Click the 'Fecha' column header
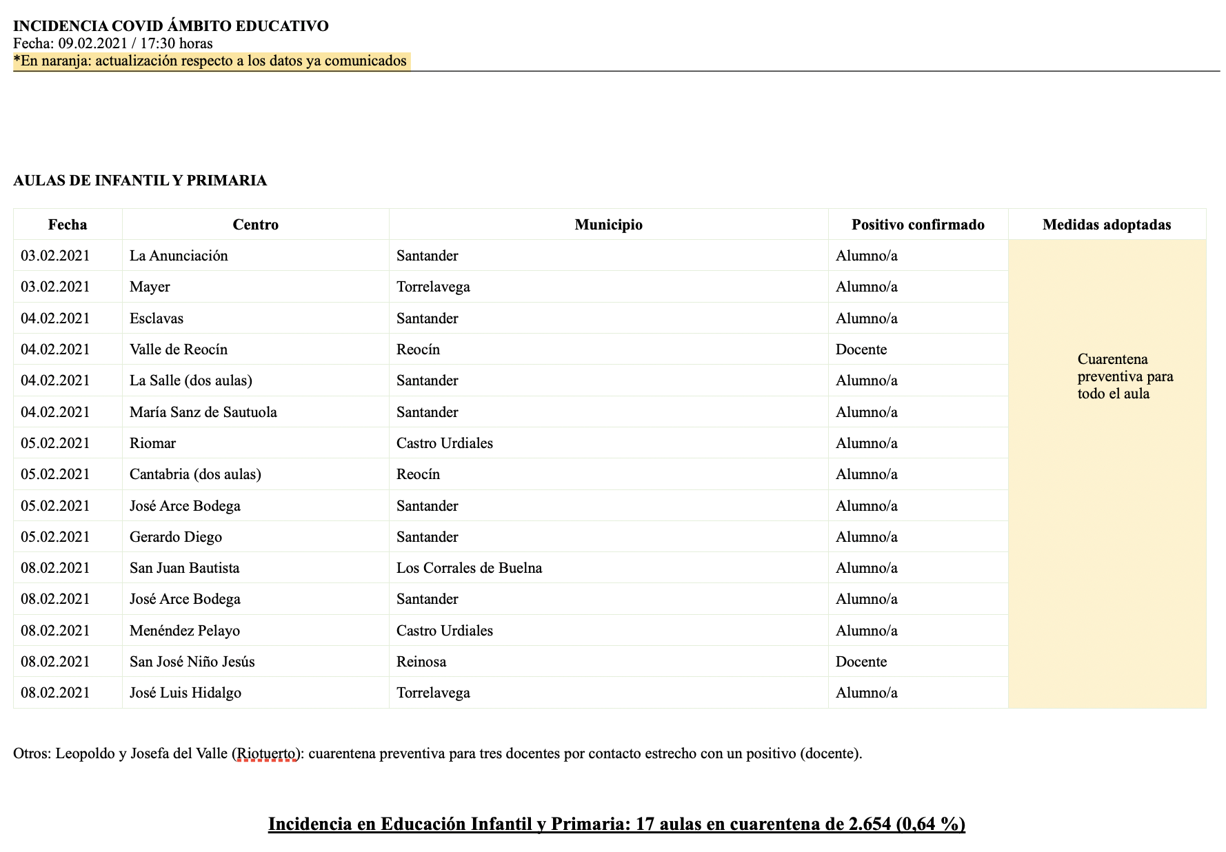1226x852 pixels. coord(68,225)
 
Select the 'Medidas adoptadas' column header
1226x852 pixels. coord(1107,225)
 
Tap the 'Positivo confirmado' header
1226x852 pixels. coord(918,225)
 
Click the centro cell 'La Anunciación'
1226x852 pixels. coord(179,256)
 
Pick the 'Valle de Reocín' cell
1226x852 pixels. coord(179,349)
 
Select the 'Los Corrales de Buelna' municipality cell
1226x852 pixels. coord(469,568)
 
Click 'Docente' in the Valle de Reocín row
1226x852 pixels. coord(861,349)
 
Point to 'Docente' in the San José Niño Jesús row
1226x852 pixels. coord(861,662)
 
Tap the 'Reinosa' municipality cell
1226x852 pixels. coord(421,662)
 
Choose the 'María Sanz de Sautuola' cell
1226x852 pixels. coord(203,412)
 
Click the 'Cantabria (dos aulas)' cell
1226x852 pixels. coord(195,474)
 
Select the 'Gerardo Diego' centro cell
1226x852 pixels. coord(176,537)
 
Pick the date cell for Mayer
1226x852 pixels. coord(55,287)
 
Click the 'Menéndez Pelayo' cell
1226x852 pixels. coord(185,631)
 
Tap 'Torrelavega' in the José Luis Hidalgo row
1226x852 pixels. coord(433,693)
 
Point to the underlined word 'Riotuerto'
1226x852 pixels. coord(266,753)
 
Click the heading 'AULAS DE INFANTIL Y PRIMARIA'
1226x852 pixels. coord(140,181)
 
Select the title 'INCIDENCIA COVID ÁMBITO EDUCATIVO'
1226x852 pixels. coord(171,26)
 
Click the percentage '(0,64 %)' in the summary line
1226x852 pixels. coord(930,824)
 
